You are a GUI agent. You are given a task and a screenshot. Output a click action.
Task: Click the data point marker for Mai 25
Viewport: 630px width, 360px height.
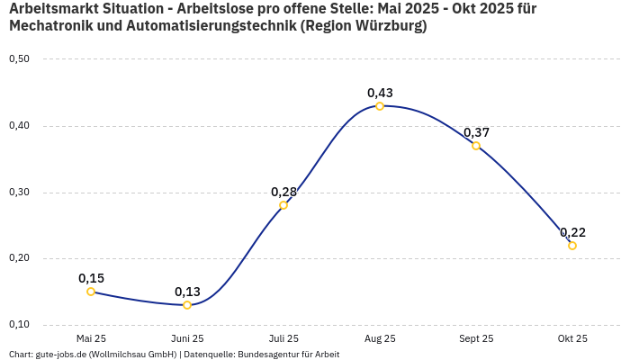tap(91, 292)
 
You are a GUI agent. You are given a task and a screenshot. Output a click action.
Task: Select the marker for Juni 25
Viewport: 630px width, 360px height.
tap(187, 305)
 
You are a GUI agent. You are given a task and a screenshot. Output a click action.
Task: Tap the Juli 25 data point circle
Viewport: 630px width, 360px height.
tap(283, 205)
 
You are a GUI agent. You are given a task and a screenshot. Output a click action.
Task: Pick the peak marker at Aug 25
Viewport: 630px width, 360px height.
tap(380, 106)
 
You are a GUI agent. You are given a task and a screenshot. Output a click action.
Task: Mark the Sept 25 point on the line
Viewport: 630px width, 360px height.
tap(476, 146)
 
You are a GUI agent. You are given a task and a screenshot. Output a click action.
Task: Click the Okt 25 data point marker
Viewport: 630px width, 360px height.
tap(572, 246)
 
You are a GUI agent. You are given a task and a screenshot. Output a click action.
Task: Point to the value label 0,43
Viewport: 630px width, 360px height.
tap(380, 93)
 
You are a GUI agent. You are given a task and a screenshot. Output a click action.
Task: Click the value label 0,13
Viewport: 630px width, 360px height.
tap(187, 292)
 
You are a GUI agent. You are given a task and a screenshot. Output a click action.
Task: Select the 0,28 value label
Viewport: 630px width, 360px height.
tap(283, 192)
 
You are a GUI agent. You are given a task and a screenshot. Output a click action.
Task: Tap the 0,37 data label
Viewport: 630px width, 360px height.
tap(476, 132)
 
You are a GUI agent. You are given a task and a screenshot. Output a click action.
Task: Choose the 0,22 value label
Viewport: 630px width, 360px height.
tap(572, 232)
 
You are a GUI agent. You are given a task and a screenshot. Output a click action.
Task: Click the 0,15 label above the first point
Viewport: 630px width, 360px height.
tap(91, 278)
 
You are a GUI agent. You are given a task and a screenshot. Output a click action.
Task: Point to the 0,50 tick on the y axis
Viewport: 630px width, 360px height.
tap(19, 59)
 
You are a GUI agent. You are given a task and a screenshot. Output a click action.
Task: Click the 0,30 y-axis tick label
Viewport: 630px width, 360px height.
tap(19, 193)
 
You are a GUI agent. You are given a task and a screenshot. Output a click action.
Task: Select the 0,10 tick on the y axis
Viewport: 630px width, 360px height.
tap(19, 325)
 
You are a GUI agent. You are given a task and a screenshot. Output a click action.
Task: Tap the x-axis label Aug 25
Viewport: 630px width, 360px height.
tap(380, 339)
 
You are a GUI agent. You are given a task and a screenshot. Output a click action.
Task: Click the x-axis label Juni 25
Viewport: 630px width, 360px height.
tap(187, 339)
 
